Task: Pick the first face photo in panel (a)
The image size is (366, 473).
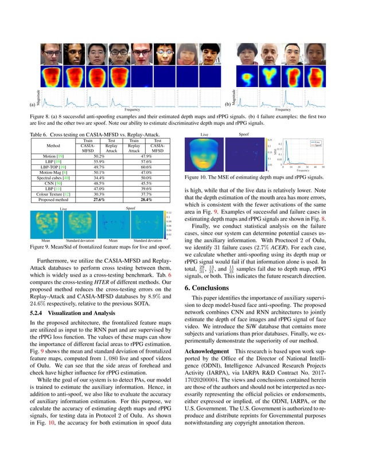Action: click(x=50, y=55)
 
